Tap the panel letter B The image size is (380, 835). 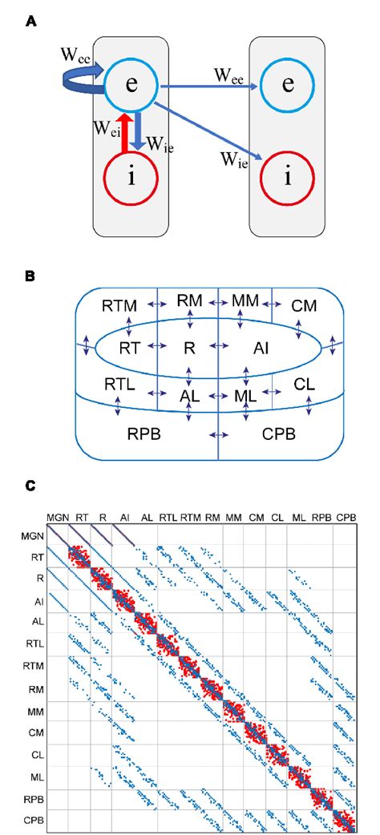click(30, 275)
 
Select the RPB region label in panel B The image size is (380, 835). click(146, 436)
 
